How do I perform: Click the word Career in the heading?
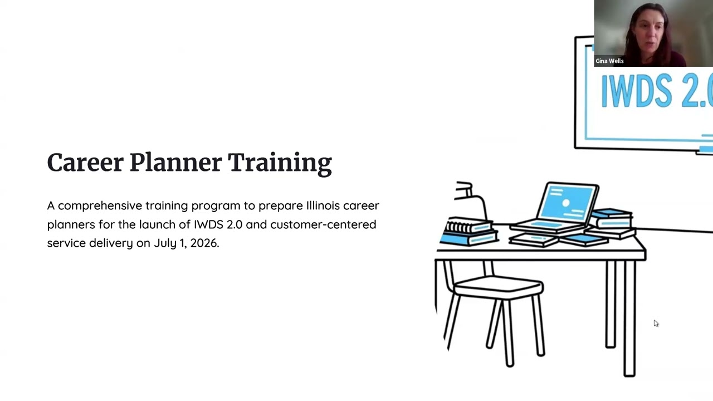pos(85,163)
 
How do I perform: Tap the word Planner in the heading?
pos(175,163)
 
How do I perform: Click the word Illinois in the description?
pos(323,206)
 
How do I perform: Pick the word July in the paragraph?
pos(165,243)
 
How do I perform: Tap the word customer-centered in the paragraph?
pos(323,224)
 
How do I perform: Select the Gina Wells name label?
pos(609,61)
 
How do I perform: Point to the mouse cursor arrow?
pos(656,323)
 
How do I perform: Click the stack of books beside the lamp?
pos(468,232)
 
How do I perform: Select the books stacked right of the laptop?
pos(612,222)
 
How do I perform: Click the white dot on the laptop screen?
pos(565,203)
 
